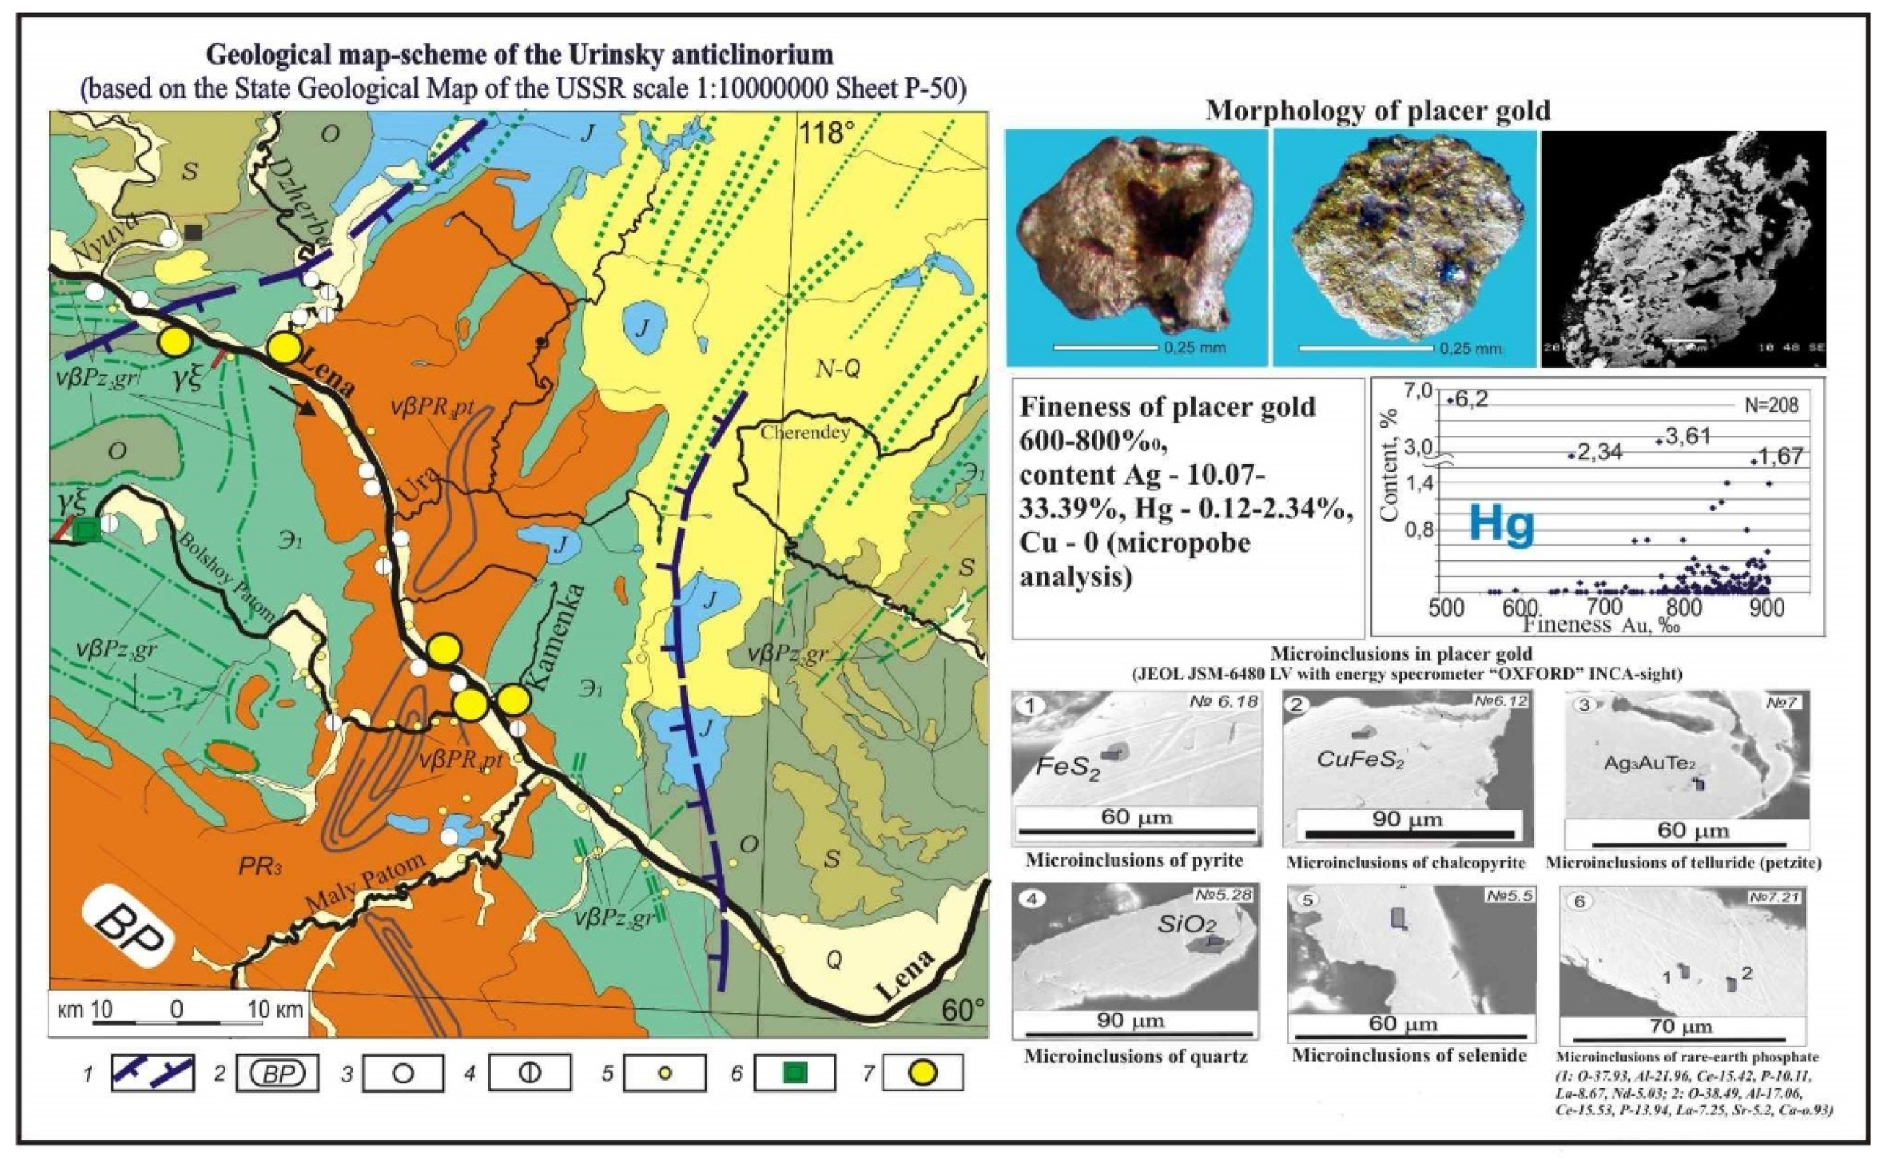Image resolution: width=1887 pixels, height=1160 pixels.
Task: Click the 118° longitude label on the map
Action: pyautogui.click(x=827, y=134)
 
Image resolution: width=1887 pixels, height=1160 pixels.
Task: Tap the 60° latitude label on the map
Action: pyautogui.click(x=964, y=1010)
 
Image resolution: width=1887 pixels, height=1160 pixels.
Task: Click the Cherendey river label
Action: pyautogui.click(x=805, y=433)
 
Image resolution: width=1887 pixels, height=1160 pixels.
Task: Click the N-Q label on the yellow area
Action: pyautogui.click(x=837, y=370)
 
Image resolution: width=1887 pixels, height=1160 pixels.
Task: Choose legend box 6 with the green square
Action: pyautogui.click(x=794, y=1073)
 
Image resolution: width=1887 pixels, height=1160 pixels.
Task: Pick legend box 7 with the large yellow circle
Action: pyautogui.click(x=923, y=1073)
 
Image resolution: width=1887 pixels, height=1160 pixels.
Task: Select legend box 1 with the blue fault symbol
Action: pyautogui.click(x=151, y=1073)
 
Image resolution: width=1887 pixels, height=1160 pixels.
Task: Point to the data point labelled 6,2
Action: pyautogui.click(x=1450, y=399)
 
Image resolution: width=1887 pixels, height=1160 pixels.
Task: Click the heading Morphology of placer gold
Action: pyautogui.click(x=1378, y=111)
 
